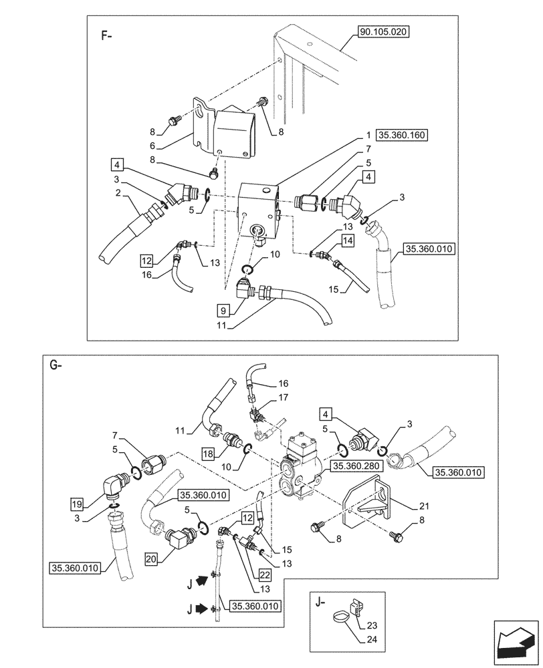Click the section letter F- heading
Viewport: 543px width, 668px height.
pyautogui.click(x=106, y=35)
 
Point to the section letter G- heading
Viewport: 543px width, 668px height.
pyautogui.click(x=56, y=365)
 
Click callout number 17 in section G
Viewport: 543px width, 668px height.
pyautogui.click(x=283, y=398)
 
